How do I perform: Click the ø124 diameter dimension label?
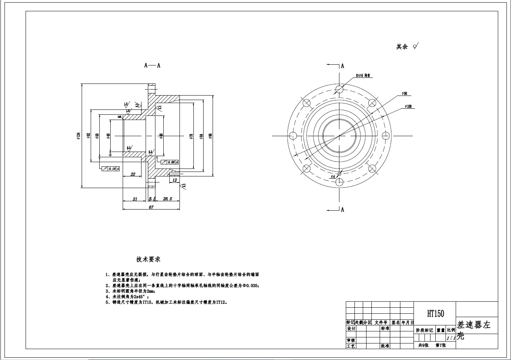pyautogui.click(x=78, y=136)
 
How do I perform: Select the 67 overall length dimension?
pyautogui.click(x=151, y=207)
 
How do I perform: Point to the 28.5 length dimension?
pyautogui.click(x=167, y=199)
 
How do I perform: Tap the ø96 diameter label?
pyautogui.click(x=210, y=136)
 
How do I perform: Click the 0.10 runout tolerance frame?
pyautogui.click(x=111, y=169)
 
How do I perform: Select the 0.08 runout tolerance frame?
pyautogui.click(x=170, y=162)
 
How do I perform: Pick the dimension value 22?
pyautogui.click(x=133, y=174)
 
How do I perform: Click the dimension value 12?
pyautogui.click(x=175, y=180)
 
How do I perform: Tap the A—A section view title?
pyautogui.click(x=152, y=65)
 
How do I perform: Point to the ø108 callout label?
pyautogui.click(x=408, y=106)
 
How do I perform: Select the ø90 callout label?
pyautogui.click(x=404, y=93)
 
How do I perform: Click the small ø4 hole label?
pyautogui.click(x=333, y=176)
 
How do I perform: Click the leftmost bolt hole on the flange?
pyautogui.click(x=293, y=136)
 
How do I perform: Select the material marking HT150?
pyautogui.click(x=435, y=313)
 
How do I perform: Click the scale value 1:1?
pyautogui.click(x=450, y=338)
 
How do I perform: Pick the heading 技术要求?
pyautogui.click(x=148, y=260)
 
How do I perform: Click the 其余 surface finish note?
pyautogui.click(x=402, y=47)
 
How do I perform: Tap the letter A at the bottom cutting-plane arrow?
pyautogui.click(x=342, y=210)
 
